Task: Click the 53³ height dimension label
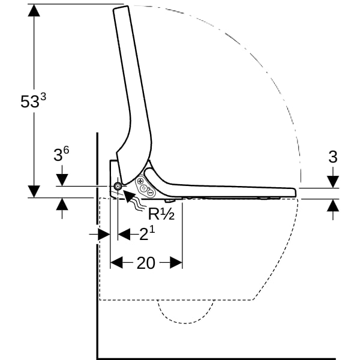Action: pyautogui.click(x=33, y=101)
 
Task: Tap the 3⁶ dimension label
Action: pyautogui.click(x=61, y=154)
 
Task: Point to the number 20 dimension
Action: pyautogui.click(x=146, y=263)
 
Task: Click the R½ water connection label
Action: pyautogui.click(x=161, y=214)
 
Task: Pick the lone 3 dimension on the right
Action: pyautogui.click(x=333, y=157)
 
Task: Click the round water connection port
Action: pyautogui.click(x=118, y=186)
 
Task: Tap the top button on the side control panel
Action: pyautogui.click(x=140, y=181)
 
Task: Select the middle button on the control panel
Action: pyautogui.click(x=144, y=188)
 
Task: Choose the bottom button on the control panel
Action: pyautogui.click(x=150, y=193)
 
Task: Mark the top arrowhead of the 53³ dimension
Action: pyautogui.click(x=34, y=10)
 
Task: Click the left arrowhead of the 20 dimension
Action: pyautogui.click(x=116, y=262)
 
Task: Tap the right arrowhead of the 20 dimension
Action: pyautogui.click(x=176, y=262)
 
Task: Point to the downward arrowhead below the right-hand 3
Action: pyautogui.click(x=333, y=182)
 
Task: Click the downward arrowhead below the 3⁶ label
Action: pyautogui.click(x=62, y=180)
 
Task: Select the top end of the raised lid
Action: pyautogui.click(x=121, y=8)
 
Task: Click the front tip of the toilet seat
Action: pyautogui.click(x=295, y=193)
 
